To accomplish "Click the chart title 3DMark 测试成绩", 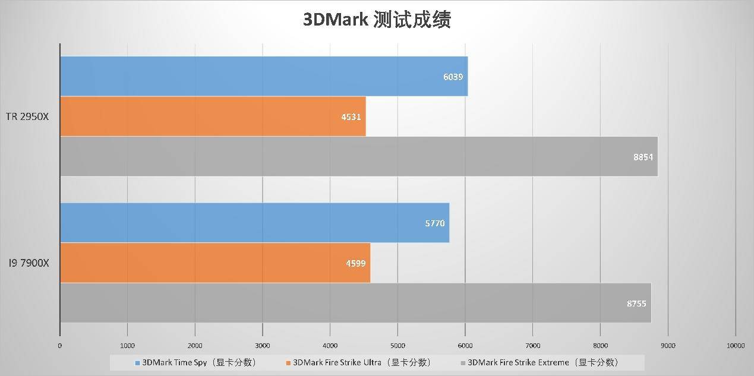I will (377, 20).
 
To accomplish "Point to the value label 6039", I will (452, 77).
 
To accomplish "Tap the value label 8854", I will (642, 157).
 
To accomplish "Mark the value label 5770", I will (434, 223).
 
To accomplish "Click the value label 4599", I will (355, 263).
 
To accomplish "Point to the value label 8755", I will (636, 304).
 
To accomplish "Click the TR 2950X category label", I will (27, 117).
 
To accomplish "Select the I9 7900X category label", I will (28, 263).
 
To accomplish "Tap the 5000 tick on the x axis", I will (397, 345).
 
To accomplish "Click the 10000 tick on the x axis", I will (735, 345).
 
